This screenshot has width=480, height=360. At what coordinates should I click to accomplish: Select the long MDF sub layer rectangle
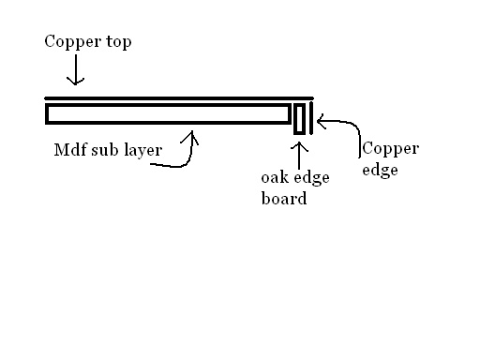tap(168, 113)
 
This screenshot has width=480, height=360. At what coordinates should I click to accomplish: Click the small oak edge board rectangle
tap(299, 120)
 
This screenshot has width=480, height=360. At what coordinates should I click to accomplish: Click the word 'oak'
tap(276, 178)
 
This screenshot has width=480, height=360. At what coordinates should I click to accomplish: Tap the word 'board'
tap(283, 198)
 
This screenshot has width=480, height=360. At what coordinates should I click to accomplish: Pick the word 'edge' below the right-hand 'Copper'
tap(380, 172)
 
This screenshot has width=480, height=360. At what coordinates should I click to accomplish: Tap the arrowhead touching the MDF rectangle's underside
tap(194, 135)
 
